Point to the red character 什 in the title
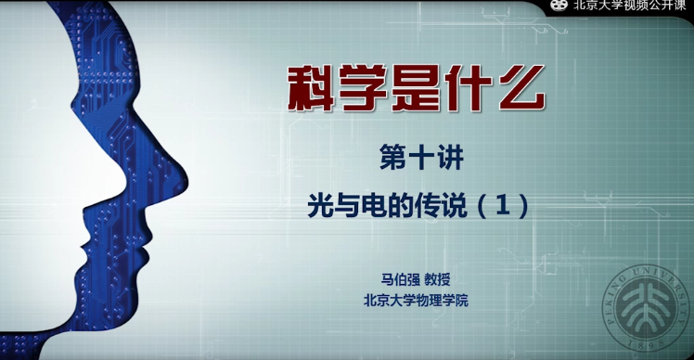(x=468, y=88)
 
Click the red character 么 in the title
(x=520, y=88)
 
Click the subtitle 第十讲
(x=421, y=159)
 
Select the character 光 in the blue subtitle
(x=320, y=206)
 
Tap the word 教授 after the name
(x=437, y=279)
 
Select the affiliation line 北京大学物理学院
(x=416, y=301)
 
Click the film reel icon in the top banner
(x=559, y=5)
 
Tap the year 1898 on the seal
(x=649, y=343)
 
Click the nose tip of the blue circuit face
(x=187, y=182)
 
